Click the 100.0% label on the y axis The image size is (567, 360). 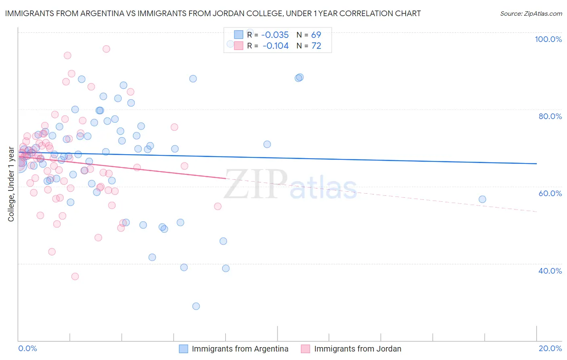(x=548, y=39)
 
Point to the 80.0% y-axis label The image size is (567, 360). (x=550, y=116)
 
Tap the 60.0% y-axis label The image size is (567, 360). (x=550, y=193)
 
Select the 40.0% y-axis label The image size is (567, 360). (x=550, y=271)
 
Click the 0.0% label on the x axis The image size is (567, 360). (x=27, y=348)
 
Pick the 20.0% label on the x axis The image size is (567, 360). (x=550, y=348)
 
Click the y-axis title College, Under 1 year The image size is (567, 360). (x=11, y=184)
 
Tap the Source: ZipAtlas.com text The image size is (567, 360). (x=531, y=14)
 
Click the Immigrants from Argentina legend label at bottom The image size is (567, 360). (x=240, y=349)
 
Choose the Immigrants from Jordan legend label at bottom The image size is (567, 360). (x=358, y=349)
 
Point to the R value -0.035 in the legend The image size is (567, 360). (x=275, y=35)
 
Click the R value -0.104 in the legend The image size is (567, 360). (x=275, y=46)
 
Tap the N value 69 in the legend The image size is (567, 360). (x=316, y=35)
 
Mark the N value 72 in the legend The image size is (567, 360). (x=316, y=46)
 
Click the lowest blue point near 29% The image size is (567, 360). (x=196, y=306)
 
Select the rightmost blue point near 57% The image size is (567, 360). (x=482, y=199)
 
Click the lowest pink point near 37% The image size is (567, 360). (x=75, y=276)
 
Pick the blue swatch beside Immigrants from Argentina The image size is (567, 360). (x=183, y=349)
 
